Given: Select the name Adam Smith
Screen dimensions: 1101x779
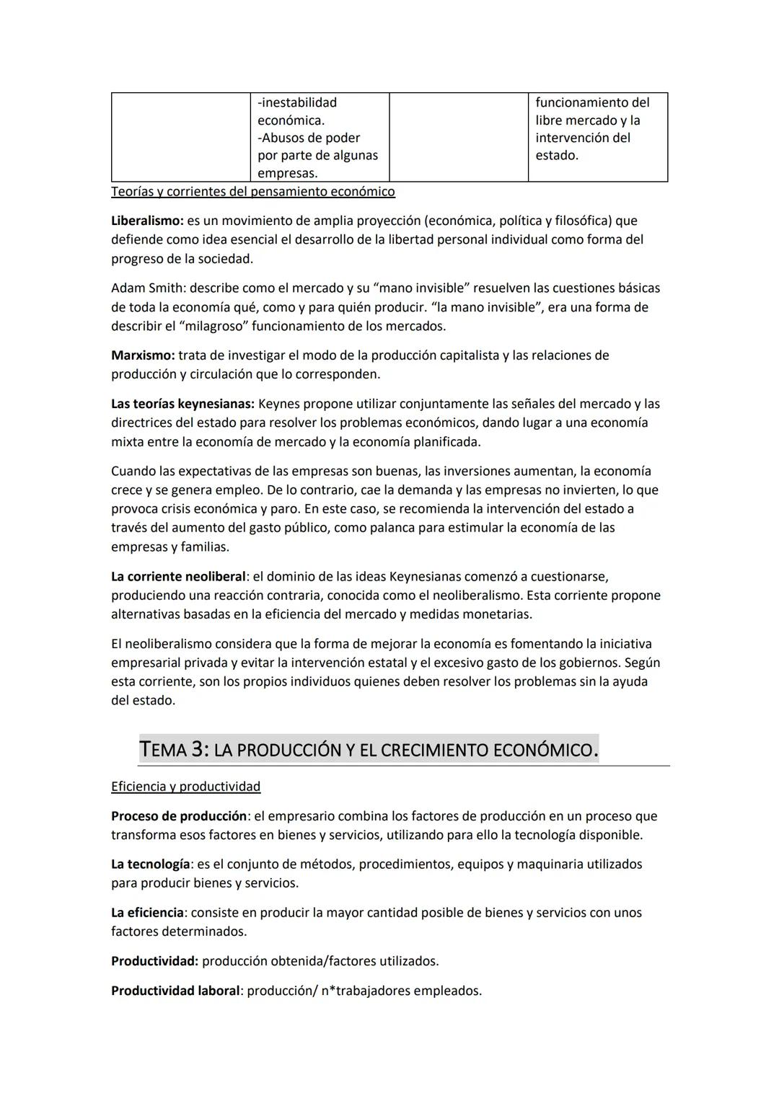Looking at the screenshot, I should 147,288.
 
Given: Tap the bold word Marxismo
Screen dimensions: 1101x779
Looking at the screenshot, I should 142,355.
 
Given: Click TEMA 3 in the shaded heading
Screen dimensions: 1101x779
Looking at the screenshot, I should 174,750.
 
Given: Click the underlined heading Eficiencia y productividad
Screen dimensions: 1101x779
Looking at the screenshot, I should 185,787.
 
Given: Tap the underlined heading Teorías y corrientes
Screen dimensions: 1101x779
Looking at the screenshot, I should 252,192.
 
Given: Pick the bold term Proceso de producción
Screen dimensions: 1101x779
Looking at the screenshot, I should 178,816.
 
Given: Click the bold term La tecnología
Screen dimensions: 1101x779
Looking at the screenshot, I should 150,864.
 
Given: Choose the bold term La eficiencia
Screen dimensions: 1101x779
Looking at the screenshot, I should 147,912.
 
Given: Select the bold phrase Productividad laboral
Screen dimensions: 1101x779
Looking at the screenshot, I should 175,991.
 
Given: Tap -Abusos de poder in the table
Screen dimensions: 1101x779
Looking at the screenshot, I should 309,138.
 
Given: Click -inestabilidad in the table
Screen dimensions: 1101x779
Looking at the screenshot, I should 297,102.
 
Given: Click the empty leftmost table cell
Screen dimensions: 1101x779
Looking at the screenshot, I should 180,136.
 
